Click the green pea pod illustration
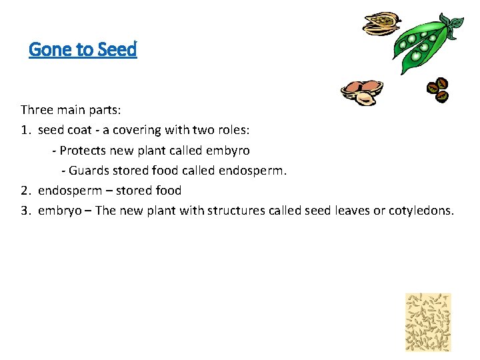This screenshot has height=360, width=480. point(420,47)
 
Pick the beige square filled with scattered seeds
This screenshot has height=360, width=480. point(429,322)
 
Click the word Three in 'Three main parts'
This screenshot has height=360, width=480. point(39,109)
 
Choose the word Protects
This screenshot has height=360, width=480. point(83,150)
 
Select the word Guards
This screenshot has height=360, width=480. point(90,170)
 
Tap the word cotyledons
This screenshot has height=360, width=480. point(421,211)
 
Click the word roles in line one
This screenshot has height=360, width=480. point(229,130)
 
